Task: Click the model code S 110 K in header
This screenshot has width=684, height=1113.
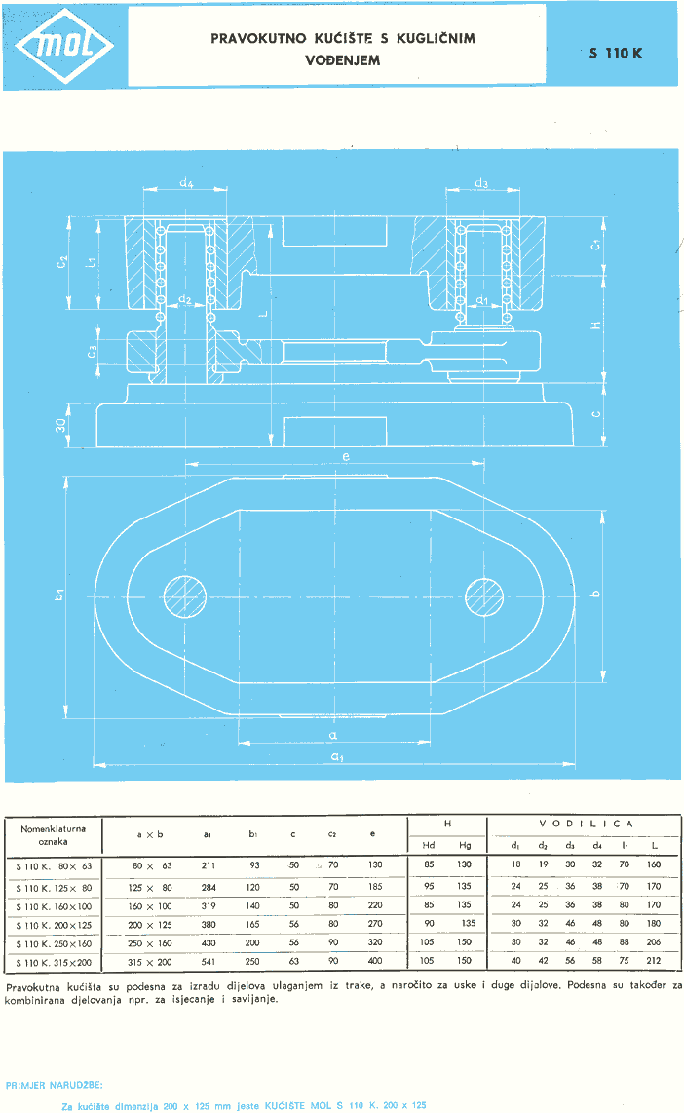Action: pos(616,54)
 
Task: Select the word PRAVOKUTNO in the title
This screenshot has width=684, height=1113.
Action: pos(253,40)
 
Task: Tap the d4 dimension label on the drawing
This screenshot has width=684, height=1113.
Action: pos(186,181)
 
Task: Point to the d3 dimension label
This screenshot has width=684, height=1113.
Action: pos(481,183)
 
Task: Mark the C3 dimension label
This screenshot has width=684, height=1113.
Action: pos(92,351)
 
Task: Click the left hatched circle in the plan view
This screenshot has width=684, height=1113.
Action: pos(185,596)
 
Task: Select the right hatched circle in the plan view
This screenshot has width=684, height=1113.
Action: pos(484,596)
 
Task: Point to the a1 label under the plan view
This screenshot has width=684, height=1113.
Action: pos(335,756)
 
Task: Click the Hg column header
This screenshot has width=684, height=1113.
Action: pos(465,845)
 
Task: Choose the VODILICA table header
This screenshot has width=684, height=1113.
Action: pos(586,824)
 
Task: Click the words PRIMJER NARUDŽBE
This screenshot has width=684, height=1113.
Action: pos(54,1084)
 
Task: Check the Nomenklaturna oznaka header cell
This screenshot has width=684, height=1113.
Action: pos(54,834)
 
